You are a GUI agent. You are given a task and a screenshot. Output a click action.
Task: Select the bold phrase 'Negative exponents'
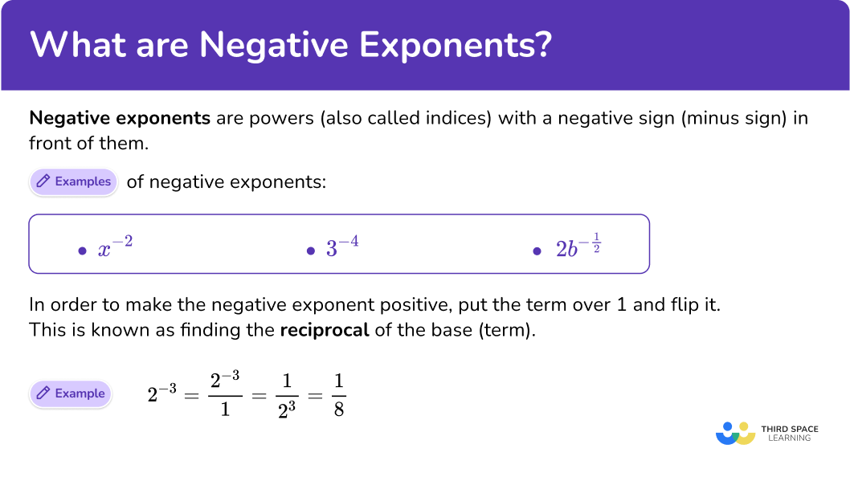point(120,119)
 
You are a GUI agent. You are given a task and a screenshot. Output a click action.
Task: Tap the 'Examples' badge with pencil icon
point(74,181)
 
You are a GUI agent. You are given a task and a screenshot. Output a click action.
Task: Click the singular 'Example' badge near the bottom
point(71,393)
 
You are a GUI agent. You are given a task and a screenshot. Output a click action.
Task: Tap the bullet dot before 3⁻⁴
point(311,251)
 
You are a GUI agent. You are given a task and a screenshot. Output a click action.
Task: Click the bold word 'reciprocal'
point(324,330)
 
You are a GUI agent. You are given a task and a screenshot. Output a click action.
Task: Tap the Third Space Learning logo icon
point(735,433)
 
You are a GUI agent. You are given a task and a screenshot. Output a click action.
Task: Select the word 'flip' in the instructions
point(689,305)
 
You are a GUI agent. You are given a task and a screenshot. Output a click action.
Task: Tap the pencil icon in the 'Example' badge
point(42,393)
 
